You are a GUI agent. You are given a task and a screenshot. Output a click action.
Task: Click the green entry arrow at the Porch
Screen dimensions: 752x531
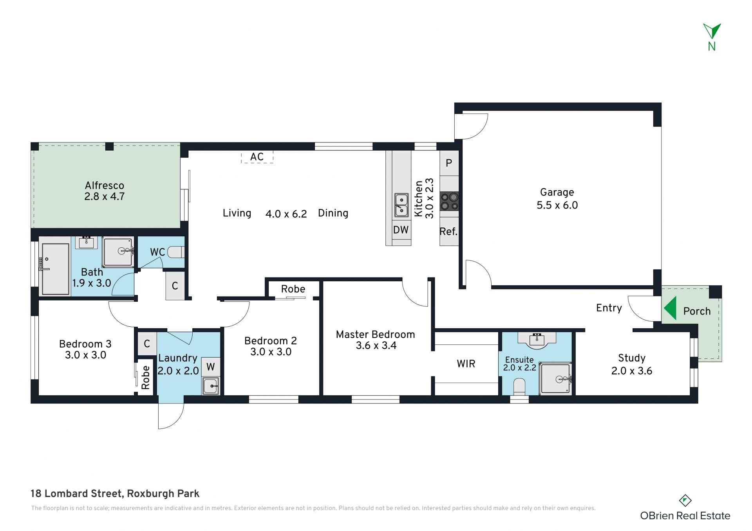(x=671, y=308)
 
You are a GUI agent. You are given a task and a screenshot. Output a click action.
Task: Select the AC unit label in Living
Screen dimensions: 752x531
(x=257, y=157)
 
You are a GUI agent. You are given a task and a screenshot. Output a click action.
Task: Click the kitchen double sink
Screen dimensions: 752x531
(x=401, y=205)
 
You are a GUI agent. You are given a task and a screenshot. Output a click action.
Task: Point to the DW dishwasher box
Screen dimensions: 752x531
(x=401, y=230)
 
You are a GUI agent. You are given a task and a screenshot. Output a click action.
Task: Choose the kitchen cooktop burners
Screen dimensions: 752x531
(x=449, y=202)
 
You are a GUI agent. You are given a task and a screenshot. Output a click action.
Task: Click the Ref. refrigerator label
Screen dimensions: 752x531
(x=448, y=232)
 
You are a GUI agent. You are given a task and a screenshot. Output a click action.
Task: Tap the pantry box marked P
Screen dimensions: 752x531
(x=449, y=163)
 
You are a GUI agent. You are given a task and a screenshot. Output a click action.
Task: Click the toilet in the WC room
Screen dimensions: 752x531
(x=176, y=252)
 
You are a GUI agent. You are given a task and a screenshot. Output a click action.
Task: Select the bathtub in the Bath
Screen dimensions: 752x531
(x=55, y=269)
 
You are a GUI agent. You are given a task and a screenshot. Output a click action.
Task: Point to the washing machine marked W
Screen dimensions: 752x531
(x=211, y=367)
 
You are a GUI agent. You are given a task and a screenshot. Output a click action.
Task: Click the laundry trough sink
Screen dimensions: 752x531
(x=211, y=386)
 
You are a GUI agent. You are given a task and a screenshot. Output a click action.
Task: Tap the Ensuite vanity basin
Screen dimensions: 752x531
(x=537, y=340)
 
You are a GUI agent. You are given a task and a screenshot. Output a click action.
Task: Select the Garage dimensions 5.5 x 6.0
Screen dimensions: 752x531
(x=557, y=205)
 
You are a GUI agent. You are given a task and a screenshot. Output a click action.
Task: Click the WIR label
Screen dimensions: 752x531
(x=466, y=364)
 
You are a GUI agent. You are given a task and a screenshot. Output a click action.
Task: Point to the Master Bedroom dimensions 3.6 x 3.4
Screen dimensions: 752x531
(x=376, y=346)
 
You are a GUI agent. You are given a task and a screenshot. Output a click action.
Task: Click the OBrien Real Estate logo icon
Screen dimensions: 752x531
(x=685, y=500)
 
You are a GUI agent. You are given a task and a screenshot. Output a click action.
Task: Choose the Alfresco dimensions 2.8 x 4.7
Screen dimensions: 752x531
(x=105, y=196)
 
